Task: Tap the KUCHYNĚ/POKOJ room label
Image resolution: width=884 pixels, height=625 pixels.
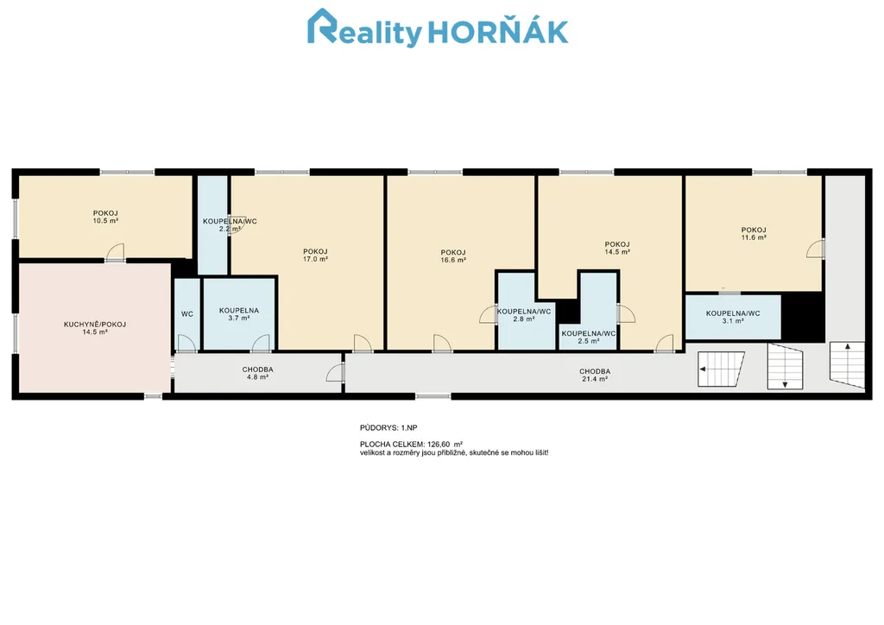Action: [95, 325]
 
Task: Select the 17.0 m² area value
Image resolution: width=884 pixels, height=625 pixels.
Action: [315, 259]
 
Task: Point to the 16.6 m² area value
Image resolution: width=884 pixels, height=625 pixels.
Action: [453, 261]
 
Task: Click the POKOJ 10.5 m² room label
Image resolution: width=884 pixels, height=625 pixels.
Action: [105, 217]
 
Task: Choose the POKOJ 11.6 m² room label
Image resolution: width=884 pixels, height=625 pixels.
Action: [753, 234]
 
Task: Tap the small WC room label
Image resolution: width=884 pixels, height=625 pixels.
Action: [187, 314]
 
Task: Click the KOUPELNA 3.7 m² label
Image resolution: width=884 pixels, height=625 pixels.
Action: [239, 314]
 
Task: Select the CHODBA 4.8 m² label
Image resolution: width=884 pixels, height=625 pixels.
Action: [257, 373]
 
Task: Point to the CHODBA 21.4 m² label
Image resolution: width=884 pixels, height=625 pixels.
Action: [595, 376]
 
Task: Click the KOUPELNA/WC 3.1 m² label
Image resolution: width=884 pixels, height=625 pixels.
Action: [733, 318]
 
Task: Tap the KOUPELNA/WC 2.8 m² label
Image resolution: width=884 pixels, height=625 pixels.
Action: [524, 315]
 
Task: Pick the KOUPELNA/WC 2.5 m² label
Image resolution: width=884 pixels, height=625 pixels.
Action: [589, 337]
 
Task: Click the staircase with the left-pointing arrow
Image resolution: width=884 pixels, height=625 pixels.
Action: [721, 369]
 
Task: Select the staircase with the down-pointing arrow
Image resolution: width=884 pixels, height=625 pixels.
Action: [785, 366]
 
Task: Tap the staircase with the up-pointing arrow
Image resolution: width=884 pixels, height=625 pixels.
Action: [847, 364]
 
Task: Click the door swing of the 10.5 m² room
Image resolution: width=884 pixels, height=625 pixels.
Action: [115, 252]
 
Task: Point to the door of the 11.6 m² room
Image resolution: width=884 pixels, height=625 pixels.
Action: [816, 249]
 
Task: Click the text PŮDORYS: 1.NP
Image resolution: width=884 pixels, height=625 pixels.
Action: [388, 428]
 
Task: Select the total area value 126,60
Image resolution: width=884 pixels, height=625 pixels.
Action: [439, 445]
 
